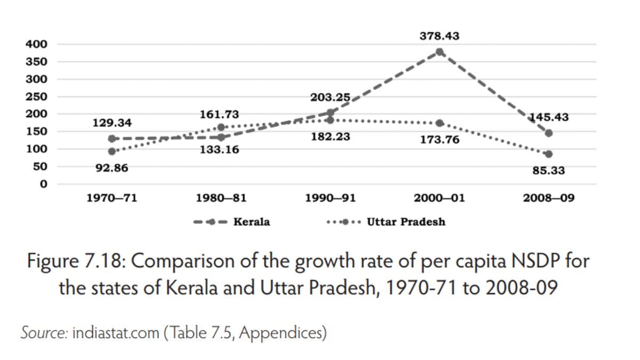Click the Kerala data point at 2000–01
point(439,52)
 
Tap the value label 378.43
point(439,36)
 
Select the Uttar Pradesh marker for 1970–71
point(111,151)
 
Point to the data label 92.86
point(112,169)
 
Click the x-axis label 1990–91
point(330,198)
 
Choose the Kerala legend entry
point(233,222)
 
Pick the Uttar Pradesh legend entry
point(386,222)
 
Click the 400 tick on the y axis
point(36,44)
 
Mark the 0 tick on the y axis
point(44,184)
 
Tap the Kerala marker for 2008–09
point(549,133)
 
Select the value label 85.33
point(549,171)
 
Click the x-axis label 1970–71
point(112,198)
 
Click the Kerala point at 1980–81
point(221,138)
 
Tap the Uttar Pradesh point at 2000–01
point(439,123)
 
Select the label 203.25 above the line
point(330,98)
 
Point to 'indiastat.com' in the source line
point(115,333)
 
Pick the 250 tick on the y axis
point(36,97)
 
